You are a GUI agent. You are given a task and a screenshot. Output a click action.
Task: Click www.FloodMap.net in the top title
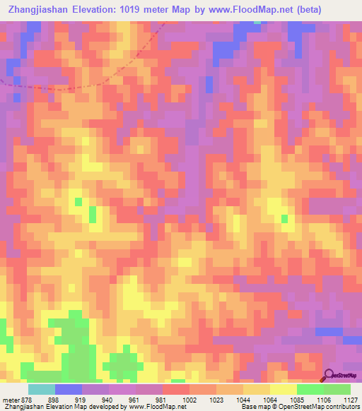pyautogui.click(x=255, y=10)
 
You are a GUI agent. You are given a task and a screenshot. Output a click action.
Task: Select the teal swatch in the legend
pyautogui.click(x=41, y=389)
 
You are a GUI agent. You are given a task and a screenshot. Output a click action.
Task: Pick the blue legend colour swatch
pyautogui.click(x=68, y=389)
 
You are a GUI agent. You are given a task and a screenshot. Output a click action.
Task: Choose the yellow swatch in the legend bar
pyautogui.click(x=283, y=389)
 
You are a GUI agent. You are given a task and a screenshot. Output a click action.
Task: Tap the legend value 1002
pyautogui.click(x=170, y=400)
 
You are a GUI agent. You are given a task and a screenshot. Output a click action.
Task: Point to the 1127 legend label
pyautogui.click(x=349, y=400)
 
